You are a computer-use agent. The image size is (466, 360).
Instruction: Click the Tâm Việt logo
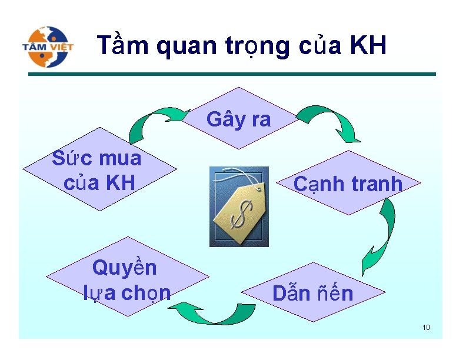click(48, 46)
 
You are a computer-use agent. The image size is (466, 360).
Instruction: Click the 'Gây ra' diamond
click(238, 119)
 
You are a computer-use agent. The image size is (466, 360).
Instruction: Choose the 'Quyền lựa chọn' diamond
click(127, 279)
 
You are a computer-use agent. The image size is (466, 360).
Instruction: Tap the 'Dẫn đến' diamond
click(312, 292)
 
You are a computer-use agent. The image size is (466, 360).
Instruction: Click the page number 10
click(426, 327)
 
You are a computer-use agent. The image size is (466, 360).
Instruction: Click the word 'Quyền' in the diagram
click(125, 268)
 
